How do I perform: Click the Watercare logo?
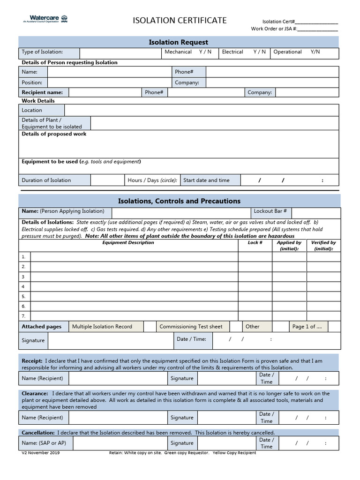point(45,19)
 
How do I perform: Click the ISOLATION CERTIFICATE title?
point(180,20)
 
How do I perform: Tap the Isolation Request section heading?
point(178,42)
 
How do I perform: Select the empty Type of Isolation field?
point(120,52)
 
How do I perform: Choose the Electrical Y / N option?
point(244,52)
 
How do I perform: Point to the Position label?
point(32,82)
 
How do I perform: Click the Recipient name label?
point(42,92)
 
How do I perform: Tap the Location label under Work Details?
point(32,110)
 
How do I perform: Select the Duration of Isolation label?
point(46,180)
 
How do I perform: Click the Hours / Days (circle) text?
point(152,180)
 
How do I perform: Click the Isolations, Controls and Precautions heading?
point(179,201)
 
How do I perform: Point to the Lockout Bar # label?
point(270,211)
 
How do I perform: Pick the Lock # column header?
point(255,243)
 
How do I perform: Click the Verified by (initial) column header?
point(323,246)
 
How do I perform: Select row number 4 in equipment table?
point(23,286)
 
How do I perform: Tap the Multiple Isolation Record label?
point(102,327)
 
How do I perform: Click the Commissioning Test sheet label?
point(191,327)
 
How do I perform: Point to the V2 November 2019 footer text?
point(41,453)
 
